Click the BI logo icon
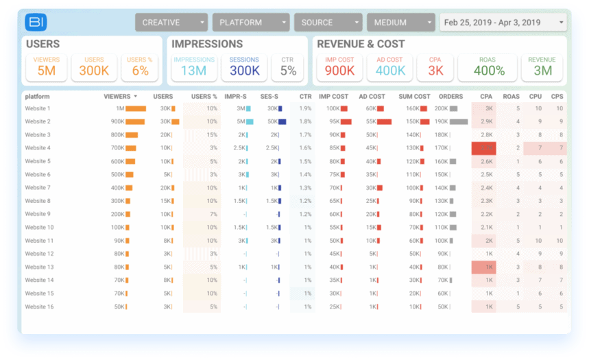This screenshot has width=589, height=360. (x=36, y=23)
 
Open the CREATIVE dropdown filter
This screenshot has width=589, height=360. (x=171, y=23)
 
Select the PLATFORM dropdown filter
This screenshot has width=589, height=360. (x=250, y=23)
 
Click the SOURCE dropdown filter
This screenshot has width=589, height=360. (x=328, y=23)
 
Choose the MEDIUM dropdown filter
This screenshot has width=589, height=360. (x=400, y=23)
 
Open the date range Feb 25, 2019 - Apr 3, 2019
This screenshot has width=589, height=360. (x=503, y=23)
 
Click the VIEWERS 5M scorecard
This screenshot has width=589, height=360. (x=47, y=67)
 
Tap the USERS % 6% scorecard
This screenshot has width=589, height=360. (x=140, y=67)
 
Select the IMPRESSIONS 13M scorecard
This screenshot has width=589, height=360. (x=194, y=67)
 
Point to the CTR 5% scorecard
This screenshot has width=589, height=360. (x=288, y=67)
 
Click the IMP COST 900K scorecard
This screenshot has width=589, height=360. (x=339, y=67)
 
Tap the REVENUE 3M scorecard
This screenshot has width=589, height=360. (x=542, y=67)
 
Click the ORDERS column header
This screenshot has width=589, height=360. (x=450, y=97)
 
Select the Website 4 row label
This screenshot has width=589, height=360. (x=38, y=148)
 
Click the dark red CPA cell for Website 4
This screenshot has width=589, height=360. (x=483, y=148)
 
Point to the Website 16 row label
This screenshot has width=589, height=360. (x=39, y=307)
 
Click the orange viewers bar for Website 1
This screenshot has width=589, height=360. (x=136, y=108)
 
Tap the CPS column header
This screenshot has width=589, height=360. (x=557, y=97)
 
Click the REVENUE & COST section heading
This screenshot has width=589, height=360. (x=360, y=45)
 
